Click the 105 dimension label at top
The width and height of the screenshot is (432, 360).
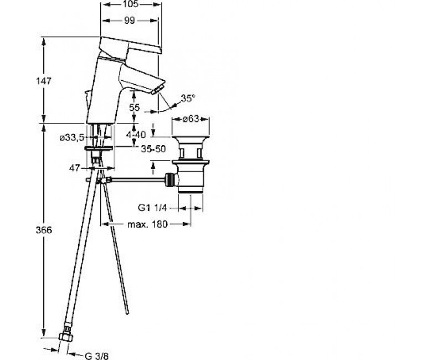pos(131,4)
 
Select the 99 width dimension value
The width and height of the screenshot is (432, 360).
pos(129,20)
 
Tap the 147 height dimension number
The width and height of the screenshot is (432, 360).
pos(44,81)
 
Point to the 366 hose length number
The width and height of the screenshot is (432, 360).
pos(44,230)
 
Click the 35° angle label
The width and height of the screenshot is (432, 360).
pos(188,98)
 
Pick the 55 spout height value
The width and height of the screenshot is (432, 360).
pos(135,107)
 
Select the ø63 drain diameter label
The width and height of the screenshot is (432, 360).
pos(191,119)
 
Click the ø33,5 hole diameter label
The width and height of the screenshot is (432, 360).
pos(72,138)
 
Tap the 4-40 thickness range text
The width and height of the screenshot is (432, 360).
pos(136,135)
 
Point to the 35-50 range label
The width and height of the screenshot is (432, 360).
pos(153,149)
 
